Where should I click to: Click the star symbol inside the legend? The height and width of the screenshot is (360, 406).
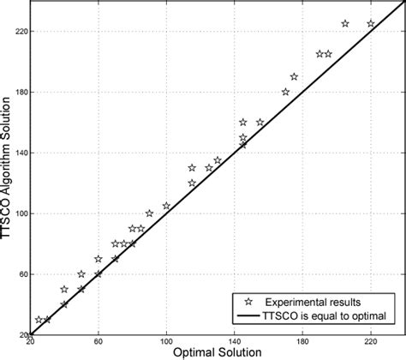(x=248, y=303)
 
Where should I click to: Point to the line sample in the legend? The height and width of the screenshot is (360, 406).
(x=248, y=317)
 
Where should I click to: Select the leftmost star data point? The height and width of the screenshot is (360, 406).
(x=39, y=320)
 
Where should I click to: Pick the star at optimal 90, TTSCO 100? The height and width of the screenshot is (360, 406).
(x=149, y=213)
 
